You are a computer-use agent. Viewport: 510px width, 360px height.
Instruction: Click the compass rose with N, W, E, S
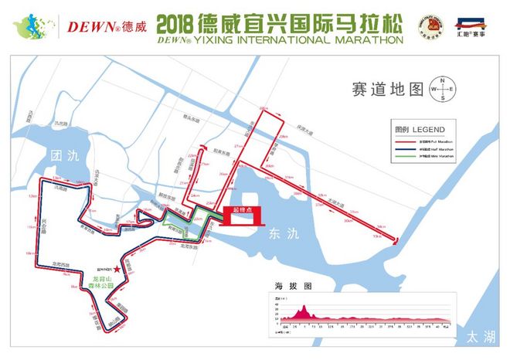click(444, 89)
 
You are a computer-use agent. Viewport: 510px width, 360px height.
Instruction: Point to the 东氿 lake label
click(278, 232)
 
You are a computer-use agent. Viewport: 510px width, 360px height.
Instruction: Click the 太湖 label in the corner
click(480, 337)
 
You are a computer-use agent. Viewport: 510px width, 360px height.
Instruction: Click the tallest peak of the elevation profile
click(304, 307)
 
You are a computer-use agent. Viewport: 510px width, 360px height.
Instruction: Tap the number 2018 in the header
click(179, 21)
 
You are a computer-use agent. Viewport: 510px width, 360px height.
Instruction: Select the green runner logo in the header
click(29, 24)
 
